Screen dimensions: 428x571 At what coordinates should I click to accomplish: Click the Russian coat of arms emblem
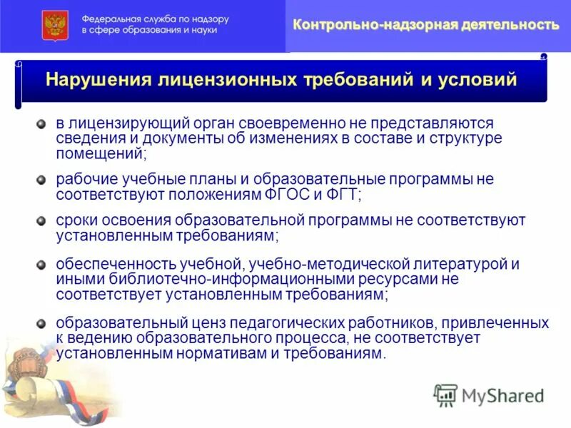(x=52, y=26)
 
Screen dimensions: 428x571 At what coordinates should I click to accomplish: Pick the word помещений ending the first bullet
(x=100, y=153)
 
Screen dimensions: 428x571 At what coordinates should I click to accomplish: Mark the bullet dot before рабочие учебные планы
(x=41, y=179)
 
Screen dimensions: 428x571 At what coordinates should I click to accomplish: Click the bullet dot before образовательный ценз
(x=41, y=323)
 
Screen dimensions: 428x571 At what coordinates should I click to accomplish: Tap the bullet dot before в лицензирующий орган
(x=41, y=123)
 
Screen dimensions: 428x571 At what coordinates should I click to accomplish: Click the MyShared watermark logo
(x=489, y=394)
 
